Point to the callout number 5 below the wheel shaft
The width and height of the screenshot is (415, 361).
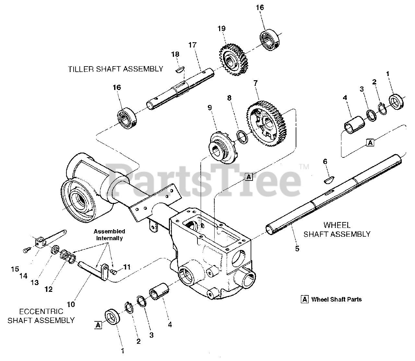pos(297,249)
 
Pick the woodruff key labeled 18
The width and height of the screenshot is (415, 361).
pos(179,69)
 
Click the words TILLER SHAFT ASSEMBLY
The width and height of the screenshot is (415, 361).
pos(115,69)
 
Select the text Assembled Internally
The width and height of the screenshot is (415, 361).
pos(109,235)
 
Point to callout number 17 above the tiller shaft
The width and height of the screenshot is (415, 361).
pos(193,45)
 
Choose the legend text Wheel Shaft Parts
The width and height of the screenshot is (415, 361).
pos(336,299)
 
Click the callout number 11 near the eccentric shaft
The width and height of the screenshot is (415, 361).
pos(127,267)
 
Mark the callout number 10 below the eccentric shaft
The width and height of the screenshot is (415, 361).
pos(71,304)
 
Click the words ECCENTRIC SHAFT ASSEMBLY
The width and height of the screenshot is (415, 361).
pos(41,316)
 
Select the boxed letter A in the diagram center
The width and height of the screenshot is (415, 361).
pos(248,177)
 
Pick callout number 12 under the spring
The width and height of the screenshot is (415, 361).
pos(48,289)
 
